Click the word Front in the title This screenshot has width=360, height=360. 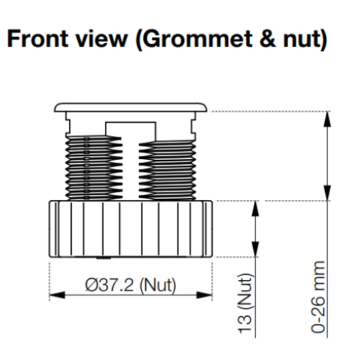pyautogui.click(x=37, y=38)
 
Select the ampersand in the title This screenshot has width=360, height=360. pyautogui.click(x=268, y=38)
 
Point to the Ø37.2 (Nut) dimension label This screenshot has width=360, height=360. pyautogui.click(x=130, y=285)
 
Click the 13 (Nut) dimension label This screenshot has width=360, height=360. pyautogui.click(x=245, y=303)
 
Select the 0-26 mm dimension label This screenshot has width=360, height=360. pyautogui.click(x=318, y=297)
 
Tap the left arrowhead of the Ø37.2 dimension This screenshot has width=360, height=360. pyautogui.click(x=57, y=295)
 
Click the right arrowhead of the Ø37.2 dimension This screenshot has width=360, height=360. pyautogui.click(x=204, y=295)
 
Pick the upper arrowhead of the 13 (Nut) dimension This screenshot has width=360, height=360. pyautogui.click(x=256, y=208)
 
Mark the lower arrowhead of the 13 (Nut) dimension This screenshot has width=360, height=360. pyautogui.click(x=256, y=249)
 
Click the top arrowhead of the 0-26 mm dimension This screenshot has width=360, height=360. pyautogui.click(x=327, y=119)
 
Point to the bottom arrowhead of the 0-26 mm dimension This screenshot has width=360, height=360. pyautogui.click(x=327, y=193)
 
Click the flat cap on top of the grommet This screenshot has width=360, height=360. pyautogui.click(x=130, y=107)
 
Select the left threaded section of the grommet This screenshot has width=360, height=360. pyautogui.click(x=94, y=168)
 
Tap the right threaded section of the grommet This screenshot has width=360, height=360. pyautogui.click(x=167, y=170)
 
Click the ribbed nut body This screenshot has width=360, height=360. pyautogui.click(x=130, y=229)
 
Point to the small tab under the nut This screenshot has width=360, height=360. pyautogui.click(x=104, y=258)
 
